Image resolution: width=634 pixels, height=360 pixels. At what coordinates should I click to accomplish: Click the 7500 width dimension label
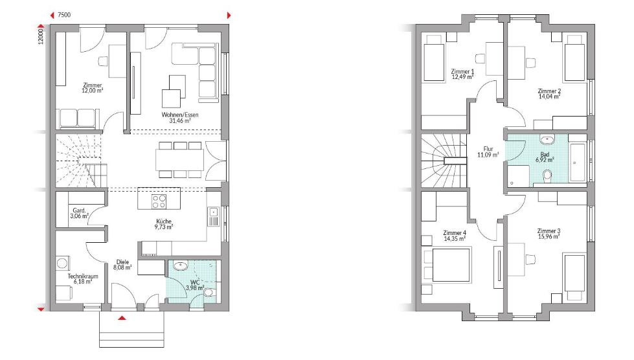pos(64,15)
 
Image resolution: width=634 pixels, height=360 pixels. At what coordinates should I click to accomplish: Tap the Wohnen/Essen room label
pos(180,115)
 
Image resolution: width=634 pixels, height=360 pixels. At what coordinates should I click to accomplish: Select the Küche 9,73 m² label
pos(164,224)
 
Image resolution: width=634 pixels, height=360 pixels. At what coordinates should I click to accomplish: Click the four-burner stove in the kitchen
pos(159,201)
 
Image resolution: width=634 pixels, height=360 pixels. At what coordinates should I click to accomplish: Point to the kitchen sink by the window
pos(214,217)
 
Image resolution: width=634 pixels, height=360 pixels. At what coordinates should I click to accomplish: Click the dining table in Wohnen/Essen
pos(179,159)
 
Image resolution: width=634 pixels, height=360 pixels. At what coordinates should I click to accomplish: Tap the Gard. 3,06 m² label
pos(79,213)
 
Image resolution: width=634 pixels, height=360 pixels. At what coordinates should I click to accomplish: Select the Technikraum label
pos(83,276)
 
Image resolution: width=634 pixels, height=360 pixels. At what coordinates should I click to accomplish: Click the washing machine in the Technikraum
pos(62,264)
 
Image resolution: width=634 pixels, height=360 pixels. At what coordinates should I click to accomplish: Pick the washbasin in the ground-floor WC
pos(180,266)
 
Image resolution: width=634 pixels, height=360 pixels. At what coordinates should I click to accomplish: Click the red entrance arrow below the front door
pos(122,318)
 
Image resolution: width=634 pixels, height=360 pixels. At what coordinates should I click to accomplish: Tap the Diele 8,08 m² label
pos(122,265)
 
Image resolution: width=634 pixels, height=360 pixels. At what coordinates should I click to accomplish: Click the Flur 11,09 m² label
pos(488,152)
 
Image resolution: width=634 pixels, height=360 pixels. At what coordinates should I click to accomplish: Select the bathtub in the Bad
pos(577,163)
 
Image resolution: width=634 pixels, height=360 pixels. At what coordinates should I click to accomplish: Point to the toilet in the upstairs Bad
pos(547,175)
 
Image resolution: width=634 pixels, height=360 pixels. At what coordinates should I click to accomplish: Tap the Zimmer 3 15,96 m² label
pos(549,234)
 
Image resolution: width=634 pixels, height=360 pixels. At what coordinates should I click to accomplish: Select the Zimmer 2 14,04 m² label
pos(549,94)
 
